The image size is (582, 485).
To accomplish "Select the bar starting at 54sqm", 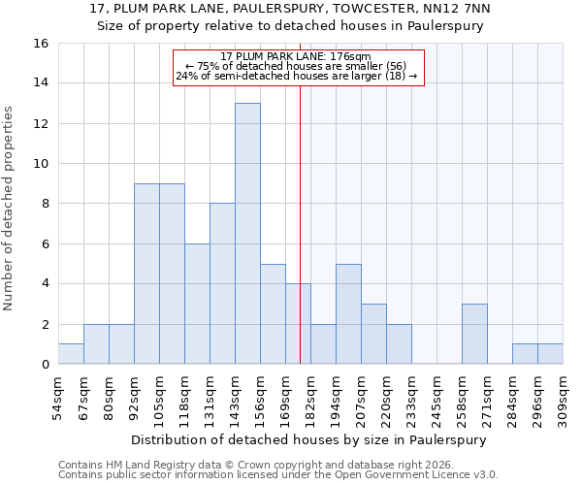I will click(71, 354).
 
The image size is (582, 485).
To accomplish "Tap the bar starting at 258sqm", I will click(474, 334).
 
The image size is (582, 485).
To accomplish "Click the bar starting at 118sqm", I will click(197, 304).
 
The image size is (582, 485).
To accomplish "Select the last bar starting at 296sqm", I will click(550, 354).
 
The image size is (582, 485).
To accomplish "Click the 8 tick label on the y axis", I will click(44, 204).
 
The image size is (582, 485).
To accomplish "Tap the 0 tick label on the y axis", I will click(44, 365).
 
